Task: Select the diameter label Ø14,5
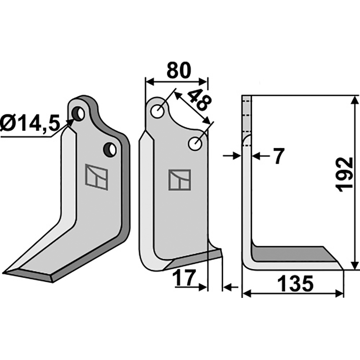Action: (x=30, y=122)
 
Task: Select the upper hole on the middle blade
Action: (x=158, y=111)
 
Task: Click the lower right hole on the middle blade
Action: (x=195, y=144)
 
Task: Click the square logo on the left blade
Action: (x=97, y=177)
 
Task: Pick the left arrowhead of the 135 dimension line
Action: (x=246, y=294)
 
